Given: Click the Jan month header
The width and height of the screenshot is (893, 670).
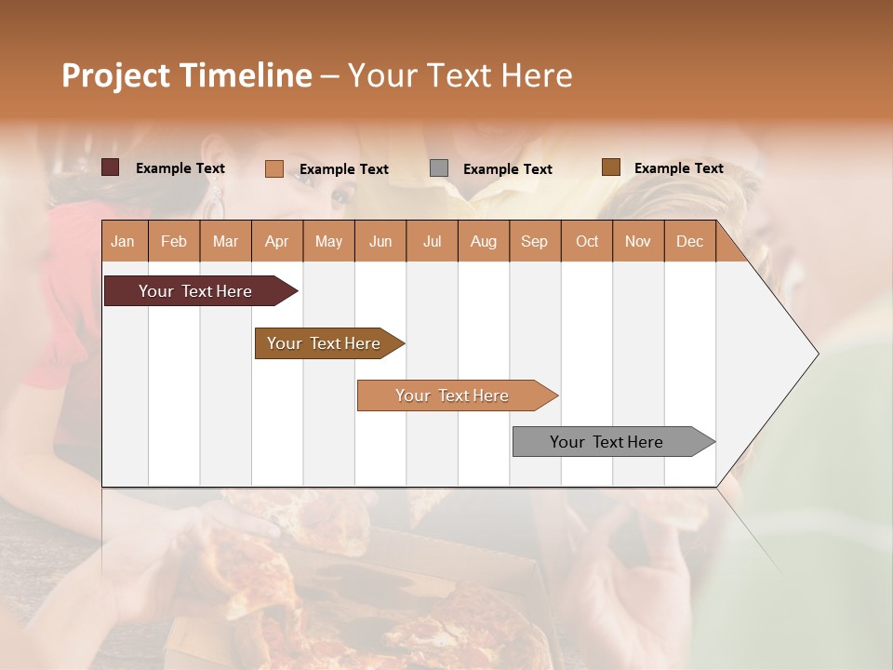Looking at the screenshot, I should [124, 241].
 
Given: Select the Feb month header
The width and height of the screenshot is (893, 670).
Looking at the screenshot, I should [174, 241].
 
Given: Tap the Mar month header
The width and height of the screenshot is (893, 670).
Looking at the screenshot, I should [225, 241].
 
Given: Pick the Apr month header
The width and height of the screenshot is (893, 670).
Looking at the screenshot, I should [277, 241].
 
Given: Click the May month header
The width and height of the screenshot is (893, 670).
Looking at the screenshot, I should [328, 241].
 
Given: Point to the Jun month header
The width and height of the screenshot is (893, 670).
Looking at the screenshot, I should [380, 241].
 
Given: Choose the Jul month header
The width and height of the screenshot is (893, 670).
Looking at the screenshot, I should [432, 241].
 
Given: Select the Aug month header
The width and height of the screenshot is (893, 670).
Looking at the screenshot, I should [484, 241].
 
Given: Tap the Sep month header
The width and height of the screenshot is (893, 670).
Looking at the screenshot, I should [535, 241].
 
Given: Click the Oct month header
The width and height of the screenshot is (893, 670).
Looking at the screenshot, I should [587, 241].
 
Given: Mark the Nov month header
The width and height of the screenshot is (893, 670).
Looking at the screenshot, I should [638, 241].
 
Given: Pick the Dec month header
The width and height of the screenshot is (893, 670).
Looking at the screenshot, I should [690, 241].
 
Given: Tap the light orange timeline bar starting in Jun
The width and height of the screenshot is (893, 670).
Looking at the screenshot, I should [453, 395].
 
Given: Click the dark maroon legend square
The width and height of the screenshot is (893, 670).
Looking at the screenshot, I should [111, 167].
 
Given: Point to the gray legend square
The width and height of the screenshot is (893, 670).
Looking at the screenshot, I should [439, 167].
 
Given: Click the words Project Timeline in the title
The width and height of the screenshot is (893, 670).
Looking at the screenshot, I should [186, 75].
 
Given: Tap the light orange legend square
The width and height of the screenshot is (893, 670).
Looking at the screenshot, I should [274, 168].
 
